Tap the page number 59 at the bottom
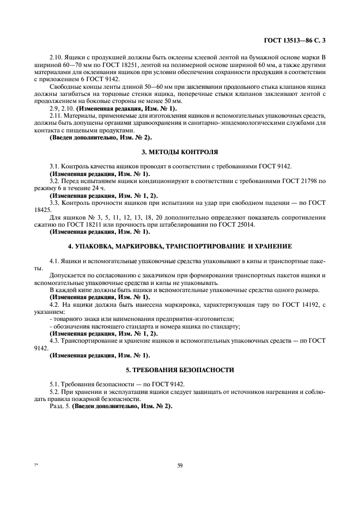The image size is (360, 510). pos(180,465)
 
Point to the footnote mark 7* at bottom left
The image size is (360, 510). pos(36,465)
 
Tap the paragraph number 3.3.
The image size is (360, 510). pos(54,202)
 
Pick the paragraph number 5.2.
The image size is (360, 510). pos(54,391)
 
